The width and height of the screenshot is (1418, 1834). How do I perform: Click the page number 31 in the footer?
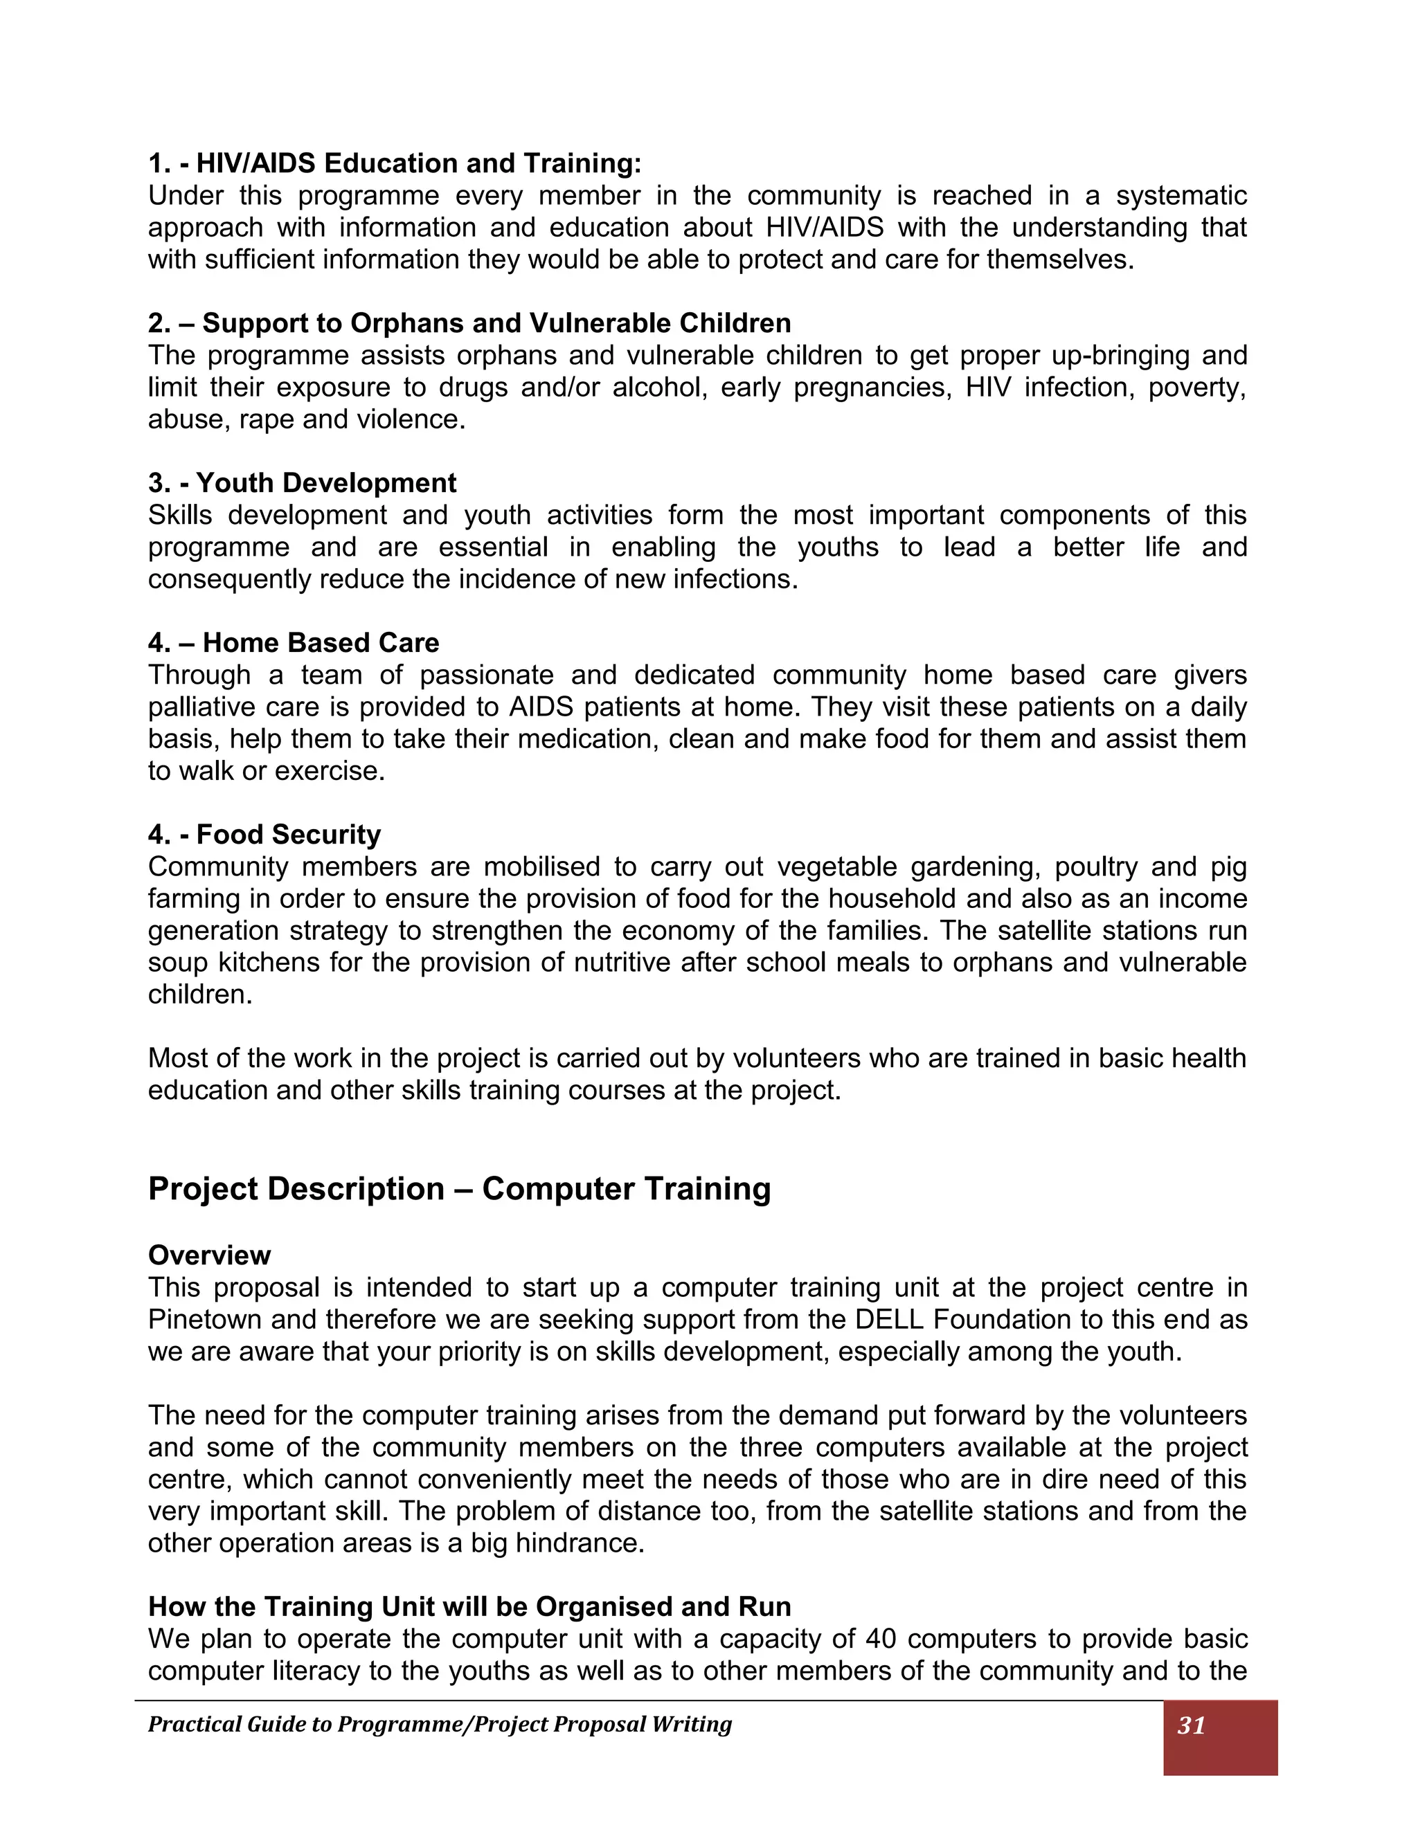coord(1191,1725)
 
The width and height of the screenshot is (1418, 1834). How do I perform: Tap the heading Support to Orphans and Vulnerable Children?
coord(469,323)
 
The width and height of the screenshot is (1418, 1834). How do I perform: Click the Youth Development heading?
coord(303,483)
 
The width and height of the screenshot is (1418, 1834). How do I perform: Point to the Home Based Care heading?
coord(294,642)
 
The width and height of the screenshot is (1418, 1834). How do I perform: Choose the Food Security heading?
coord(264,834)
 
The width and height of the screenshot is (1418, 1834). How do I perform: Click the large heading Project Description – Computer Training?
coord(460,1189)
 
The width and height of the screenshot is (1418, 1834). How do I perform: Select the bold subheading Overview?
coord(209,1255)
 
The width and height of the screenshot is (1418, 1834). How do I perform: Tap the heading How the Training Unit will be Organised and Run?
coord(469,1606)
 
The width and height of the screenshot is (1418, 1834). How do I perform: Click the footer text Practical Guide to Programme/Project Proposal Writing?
coord(440,1725)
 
